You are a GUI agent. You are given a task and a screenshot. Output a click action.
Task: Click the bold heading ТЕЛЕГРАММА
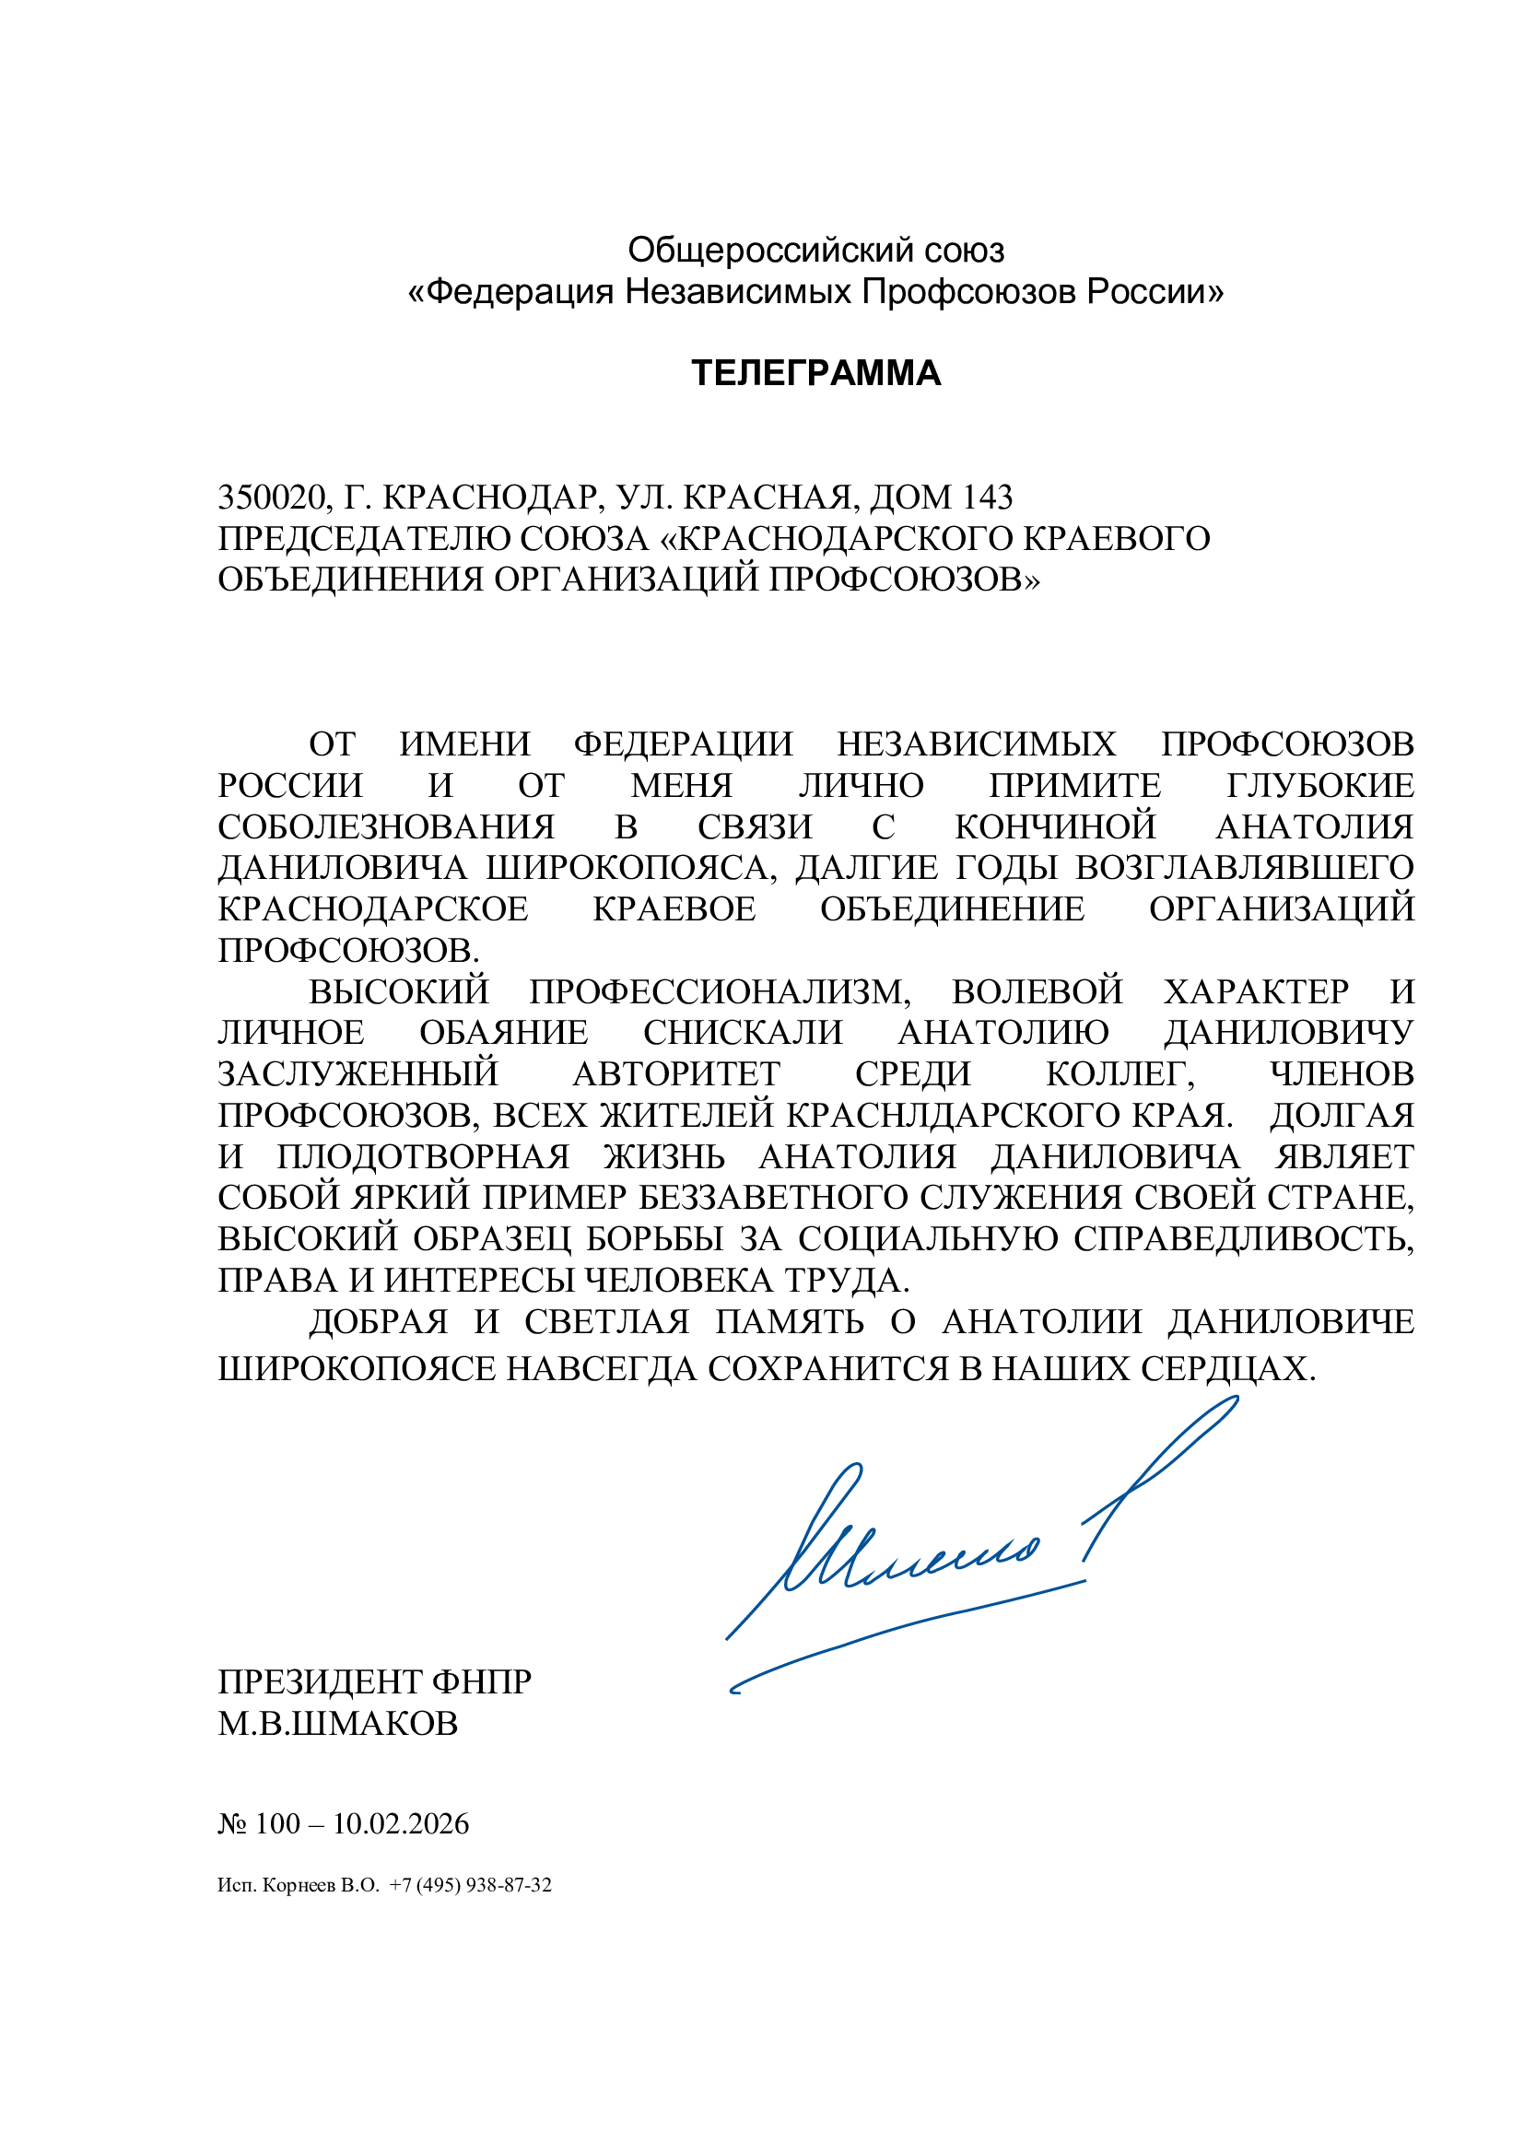(x=815, y=373)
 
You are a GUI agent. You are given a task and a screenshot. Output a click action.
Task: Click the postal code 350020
(x=272, y=497)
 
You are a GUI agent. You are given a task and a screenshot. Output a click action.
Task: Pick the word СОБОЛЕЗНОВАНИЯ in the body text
(x=386, y=826)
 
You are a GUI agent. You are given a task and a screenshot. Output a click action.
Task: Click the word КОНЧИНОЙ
(x=1055, y=826)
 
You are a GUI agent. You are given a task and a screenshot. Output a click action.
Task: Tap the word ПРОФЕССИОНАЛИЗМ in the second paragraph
(x=719, y=992)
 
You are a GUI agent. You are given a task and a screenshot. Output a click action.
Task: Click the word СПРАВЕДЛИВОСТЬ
(x=1243, y=1240)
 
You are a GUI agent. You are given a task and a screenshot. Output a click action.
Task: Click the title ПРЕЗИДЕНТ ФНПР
(x=374, y=1682)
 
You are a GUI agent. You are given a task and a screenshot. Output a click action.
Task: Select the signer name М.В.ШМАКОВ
(x=338, y=1724)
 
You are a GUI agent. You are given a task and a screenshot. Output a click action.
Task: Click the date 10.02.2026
(x=401, y=1823)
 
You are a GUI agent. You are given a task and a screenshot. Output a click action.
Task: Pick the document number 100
(x=276, y=1823)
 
